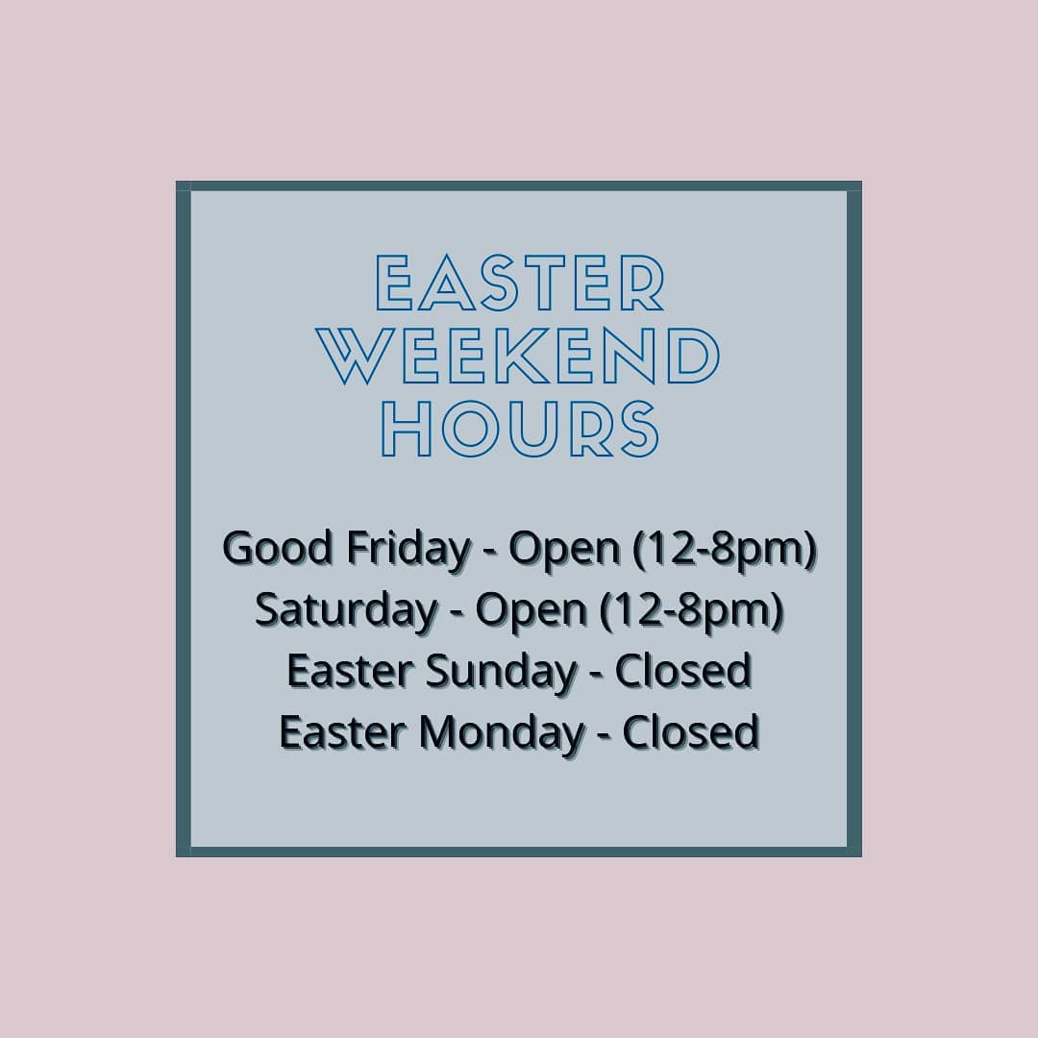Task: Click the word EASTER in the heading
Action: coord(520,283)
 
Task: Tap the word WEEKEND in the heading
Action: coord(518,356)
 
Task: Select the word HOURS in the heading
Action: coord(520,429)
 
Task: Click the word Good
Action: coord(278,548)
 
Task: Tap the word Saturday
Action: coord(346,611)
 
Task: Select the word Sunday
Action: coord(501,672)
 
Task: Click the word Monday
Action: coord(502,733)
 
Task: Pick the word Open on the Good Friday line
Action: coord(565,551)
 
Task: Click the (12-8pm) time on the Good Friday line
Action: coord(725,551)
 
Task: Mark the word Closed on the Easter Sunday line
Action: coord(683,670)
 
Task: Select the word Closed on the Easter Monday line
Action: coord(690,731)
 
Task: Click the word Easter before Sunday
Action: coord(349,671)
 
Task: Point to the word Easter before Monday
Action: coord(342,732)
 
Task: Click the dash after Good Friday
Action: coord(490,552)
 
